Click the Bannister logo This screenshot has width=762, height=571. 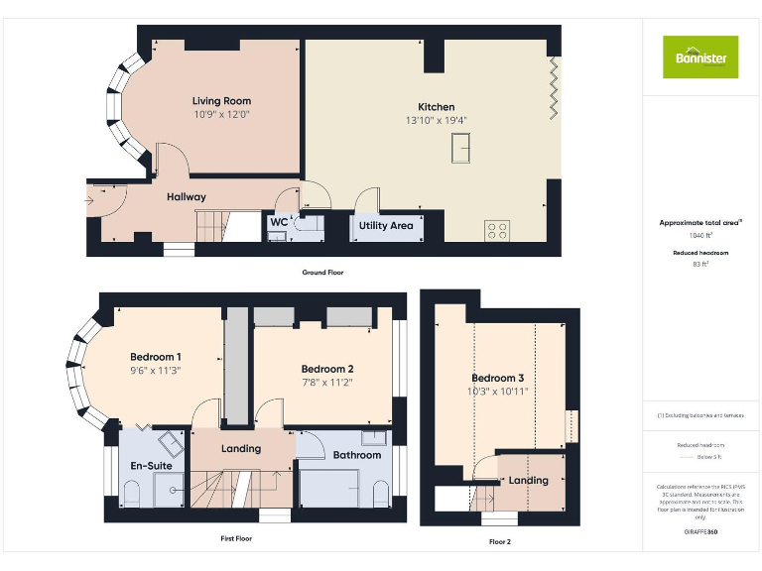click(700, 57)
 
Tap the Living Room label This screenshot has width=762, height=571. click(221, 100)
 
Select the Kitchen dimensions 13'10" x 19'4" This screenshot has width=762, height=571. click(437, 120)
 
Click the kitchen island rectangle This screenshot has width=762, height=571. click(461, 149)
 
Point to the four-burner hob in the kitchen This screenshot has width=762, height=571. click(498, 230)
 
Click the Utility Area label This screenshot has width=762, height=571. click(386, 226)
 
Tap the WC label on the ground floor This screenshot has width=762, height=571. click(278, 222)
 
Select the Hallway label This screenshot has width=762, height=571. click(187, 197)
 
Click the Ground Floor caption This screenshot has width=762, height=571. click(323, 272)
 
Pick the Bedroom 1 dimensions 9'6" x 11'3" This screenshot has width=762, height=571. click(156, 370)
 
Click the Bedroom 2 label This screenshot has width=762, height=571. click(327, 369)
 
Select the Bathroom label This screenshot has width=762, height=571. click(356, 455)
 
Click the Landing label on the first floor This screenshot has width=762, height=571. click(241, 448)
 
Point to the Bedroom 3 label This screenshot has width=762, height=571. click(499, 378)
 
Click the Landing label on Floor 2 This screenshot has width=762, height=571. click(528, 481)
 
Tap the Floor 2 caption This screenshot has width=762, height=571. click(499, 542)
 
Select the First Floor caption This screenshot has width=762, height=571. click(236, 538)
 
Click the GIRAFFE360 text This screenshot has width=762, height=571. click(700, 533)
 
